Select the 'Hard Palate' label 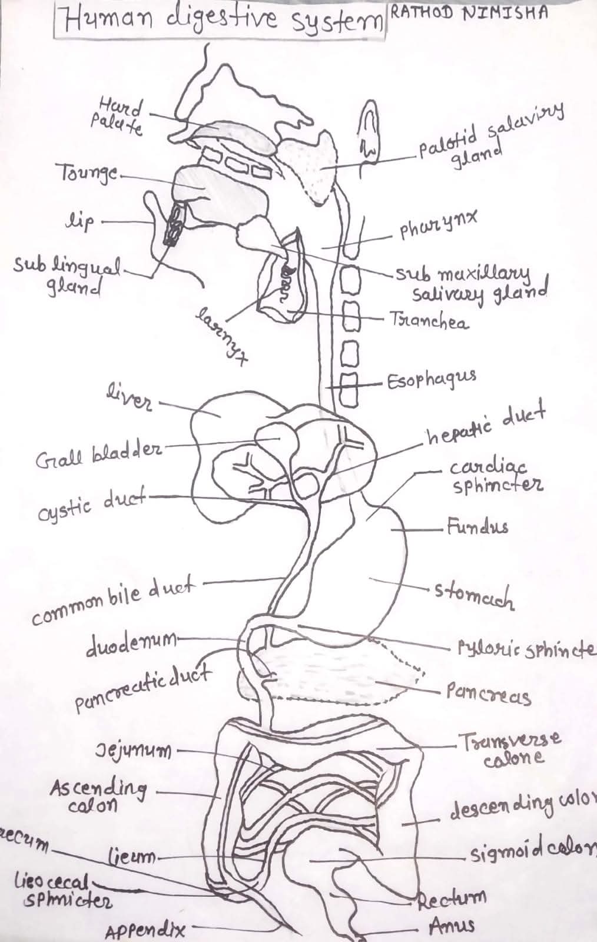click(x=118, y=117)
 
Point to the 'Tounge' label click(x=88, y=173)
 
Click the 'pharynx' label click(x=438, y=227)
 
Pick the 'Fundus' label click(x=477, y=526)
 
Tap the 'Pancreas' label click(x=488, y=694)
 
